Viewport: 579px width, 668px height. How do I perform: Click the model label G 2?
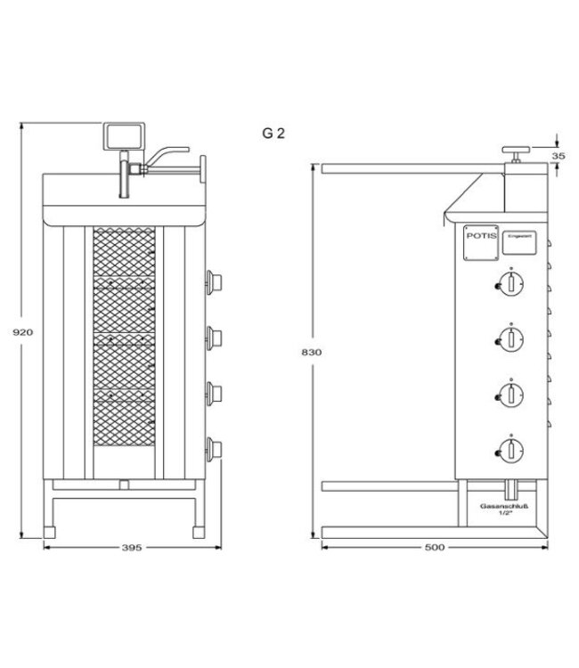(273, 134)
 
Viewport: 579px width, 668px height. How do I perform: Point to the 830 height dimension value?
(311, 352)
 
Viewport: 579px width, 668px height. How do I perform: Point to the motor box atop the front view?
(123, 136)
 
